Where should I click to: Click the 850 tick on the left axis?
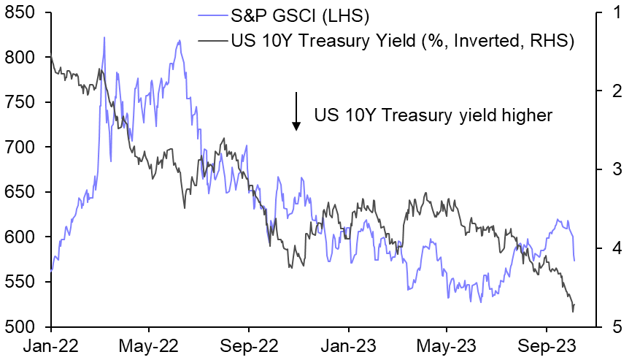pyautogui.click(x=22, y=14)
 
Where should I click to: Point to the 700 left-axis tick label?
pyautogui.click(x=22, y=148)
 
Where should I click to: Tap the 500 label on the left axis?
pyautogui.click(x=22, y=326)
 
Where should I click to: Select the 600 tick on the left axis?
pyautogui.click(x=22, y=237)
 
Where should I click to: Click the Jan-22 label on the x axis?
pyautogui.click(x=51, y=345)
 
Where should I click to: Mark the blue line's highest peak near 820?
pyautogui.click(x=104, y=38)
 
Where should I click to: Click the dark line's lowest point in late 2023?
pyautogui.click(x=573, y=312)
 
